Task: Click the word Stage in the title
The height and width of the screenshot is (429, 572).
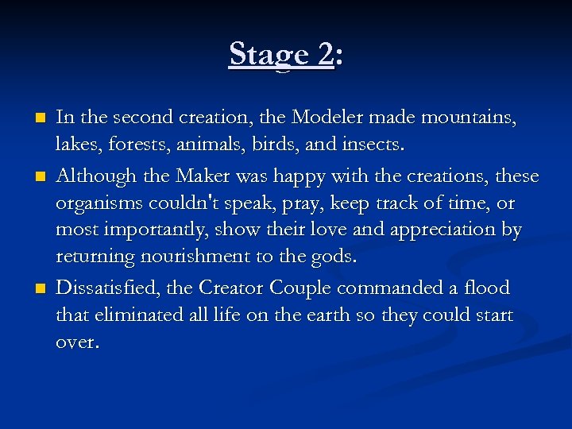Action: pos(268,55)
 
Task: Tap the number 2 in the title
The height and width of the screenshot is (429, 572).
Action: pos(325,55)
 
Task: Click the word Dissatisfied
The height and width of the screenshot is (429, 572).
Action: pos(107,287)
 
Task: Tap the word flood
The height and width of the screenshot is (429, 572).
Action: pos(485,287)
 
